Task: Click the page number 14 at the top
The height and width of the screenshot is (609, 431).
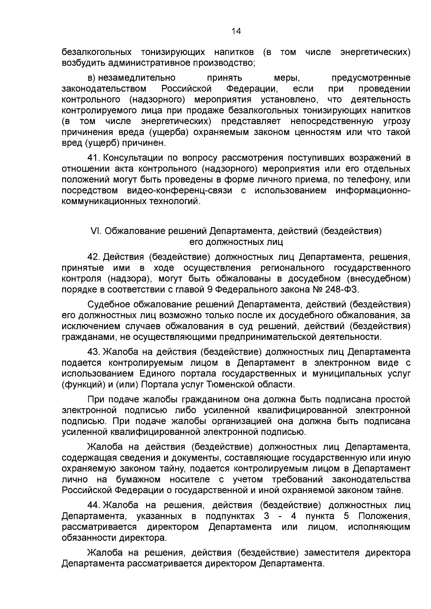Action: point(236,31)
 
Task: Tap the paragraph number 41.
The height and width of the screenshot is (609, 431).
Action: point(94,158)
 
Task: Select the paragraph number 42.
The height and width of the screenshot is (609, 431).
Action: point(94,257)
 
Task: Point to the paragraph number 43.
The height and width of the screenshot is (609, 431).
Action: point(94,352)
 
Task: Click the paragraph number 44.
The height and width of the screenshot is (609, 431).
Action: point(94,505)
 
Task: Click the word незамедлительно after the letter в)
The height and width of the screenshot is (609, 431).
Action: point(138,78)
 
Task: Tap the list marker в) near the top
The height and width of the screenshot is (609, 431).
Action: point(92,78)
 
